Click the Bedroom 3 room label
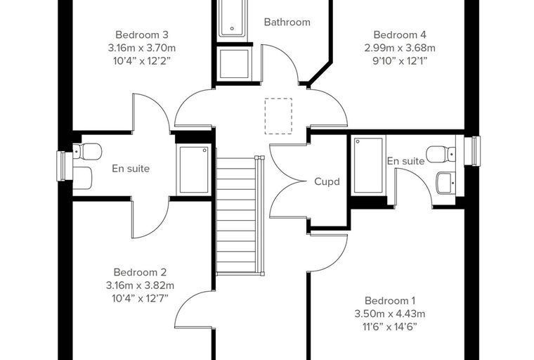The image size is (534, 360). click(x=142, y=34)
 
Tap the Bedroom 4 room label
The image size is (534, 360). click(x=400, y=34)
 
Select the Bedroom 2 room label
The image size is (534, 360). click(x=140, y=272)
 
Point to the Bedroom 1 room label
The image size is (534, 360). click(x=389, y=301)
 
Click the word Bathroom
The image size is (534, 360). click(x=287, y=22)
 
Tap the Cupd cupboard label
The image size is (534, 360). click(x=327, y=181)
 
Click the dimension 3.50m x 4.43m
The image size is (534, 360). click(x=389, y=314)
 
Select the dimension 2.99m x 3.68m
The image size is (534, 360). click(x=400, y=48)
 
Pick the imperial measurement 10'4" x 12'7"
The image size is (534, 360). click(x=140, y=299)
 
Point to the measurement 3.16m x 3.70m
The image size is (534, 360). click(x=142, y=48)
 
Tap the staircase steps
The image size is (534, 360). click(x=236, y=215)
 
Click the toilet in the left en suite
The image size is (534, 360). click(x=88, y=151)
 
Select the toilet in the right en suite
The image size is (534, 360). click(x=441, y=154)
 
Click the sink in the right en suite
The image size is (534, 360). click(x=445, y=183)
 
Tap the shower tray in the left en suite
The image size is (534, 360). click(x=193, y=169)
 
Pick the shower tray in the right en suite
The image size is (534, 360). click(x=368, y=165)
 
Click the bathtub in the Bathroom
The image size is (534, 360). click(x=233, y=19)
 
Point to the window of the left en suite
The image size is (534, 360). click(x=61, y=166)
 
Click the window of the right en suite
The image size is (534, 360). click(x=476, y=151)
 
